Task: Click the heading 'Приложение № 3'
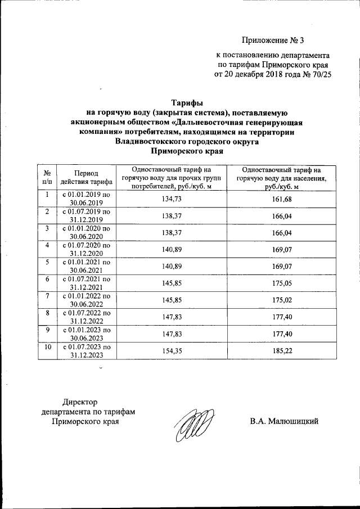point(275,40)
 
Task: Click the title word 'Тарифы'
point(186,102)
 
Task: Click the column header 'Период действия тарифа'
point(87,177)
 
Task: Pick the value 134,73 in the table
point(170,199)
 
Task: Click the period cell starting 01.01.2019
point(87,199)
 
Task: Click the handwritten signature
point(195,424)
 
